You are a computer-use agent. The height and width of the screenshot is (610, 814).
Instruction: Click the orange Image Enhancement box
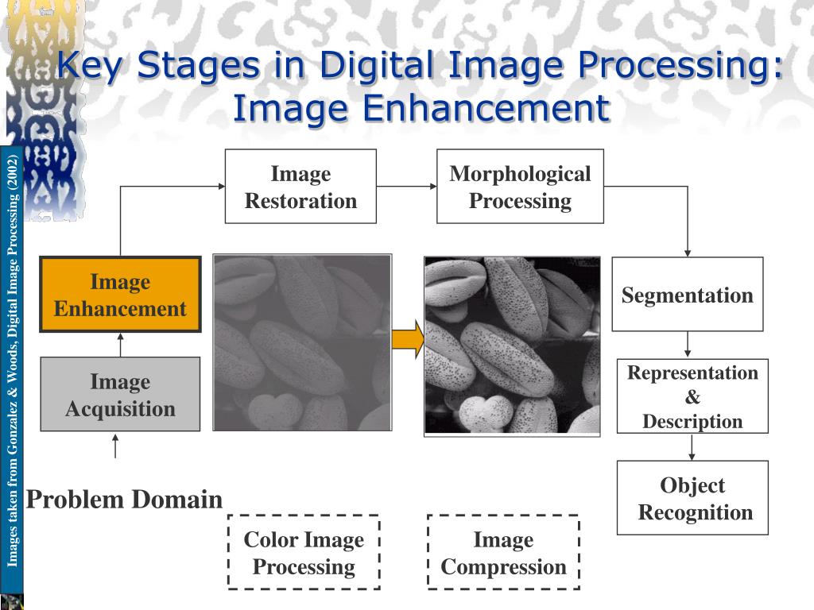pos(121,294)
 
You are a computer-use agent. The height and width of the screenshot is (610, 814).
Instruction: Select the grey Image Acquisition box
pos(121,394)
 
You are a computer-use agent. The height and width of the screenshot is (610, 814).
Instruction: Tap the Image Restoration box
pos(300,186)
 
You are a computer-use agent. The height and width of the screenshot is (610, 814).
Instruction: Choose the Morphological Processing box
pos(520,186)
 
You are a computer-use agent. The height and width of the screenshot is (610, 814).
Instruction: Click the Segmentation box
pos(688,294)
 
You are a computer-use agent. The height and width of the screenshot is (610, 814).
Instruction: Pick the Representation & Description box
pos(692,396)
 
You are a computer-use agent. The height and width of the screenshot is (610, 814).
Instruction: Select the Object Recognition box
pos(692,498)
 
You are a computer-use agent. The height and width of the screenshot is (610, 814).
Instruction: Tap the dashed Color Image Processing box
pos(304,553)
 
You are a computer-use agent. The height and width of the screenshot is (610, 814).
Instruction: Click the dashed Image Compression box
pos(503,553)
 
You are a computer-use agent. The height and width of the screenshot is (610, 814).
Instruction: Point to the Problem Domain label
pos(124,500)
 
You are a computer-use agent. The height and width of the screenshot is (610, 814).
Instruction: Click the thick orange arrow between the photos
pos(408,339)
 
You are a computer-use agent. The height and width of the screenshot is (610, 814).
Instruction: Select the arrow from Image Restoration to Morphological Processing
pos(407,186)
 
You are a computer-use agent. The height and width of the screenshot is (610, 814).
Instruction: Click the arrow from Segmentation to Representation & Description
pos(688,345)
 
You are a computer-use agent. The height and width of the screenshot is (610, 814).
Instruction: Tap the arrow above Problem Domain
pos(115,446)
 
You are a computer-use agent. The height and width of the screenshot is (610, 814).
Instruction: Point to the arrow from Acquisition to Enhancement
pos(121,345)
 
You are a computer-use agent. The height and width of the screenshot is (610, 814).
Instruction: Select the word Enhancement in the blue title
pos(486,108)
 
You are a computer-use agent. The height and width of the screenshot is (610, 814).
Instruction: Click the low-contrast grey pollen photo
pos(302,342)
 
